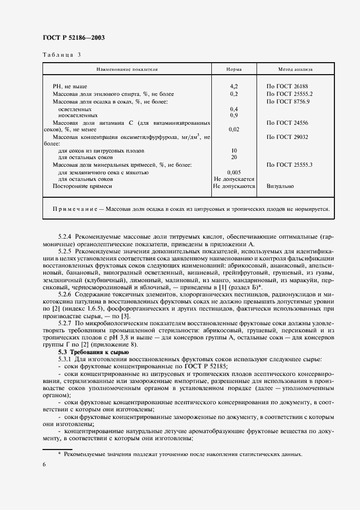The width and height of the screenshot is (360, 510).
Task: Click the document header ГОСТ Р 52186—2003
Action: tap(73, 38)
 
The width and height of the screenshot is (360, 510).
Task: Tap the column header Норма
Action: tap(234, 70)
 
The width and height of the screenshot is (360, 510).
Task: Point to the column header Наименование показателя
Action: tap(127, 70)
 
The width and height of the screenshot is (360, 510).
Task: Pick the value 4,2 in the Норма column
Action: tap(234, 87)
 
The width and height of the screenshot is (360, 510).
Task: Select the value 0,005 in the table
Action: tap(234, 172)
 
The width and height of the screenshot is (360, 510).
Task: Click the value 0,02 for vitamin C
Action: tap(234, 129)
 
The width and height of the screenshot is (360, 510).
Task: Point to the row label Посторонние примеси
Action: tap(82, 186)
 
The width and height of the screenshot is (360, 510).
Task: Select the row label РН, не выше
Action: tap(70, 87)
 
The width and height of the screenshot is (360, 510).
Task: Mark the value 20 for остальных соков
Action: tap(234, 157)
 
